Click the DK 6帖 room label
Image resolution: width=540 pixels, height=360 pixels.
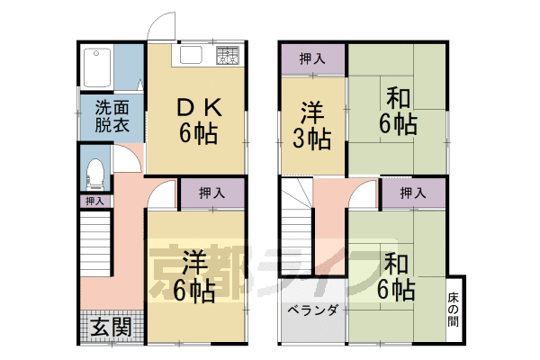[x=195, y=120]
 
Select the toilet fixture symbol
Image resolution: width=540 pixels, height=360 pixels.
[x=94, y=173]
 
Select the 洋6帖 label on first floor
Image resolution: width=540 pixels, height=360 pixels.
[x=195, y=278]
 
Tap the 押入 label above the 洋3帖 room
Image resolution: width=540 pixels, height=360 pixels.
[x=311, y=59]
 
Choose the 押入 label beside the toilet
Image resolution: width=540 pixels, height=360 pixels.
[x=94, y=201]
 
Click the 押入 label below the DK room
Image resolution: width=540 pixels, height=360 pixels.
[x=211, y=193]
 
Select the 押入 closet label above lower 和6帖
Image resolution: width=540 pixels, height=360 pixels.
[x=412, y=193]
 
